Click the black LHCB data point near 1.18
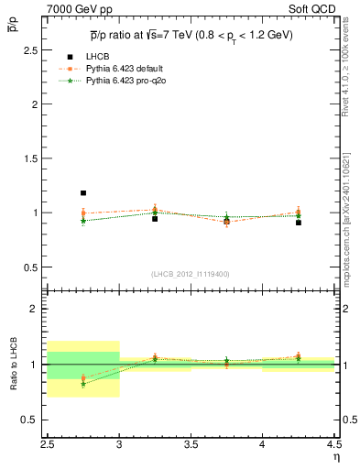[83, 193]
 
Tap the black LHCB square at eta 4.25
[299, 223]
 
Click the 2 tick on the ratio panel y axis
[37, 309]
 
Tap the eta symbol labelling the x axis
[335, 457]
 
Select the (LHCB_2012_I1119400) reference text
[191, 274]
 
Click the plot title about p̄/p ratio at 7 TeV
[191, 36]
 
